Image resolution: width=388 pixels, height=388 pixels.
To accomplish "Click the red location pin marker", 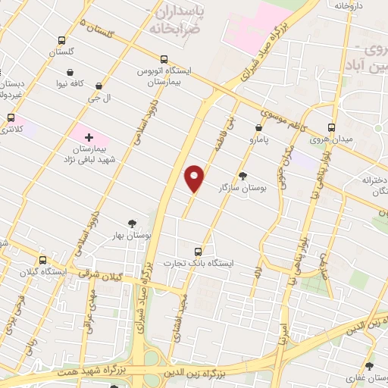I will pyautogui.click(x=195, y=178).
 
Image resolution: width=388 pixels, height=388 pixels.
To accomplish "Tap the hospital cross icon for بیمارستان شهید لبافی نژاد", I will pyautogui.click(x=89, y=137).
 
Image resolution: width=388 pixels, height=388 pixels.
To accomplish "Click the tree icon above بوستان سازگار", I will pyautogui.click(x=242, y=174).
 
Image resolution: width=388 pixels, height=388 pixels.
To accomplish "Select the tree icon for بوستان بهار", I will pyautogui.click(x=133, y=223).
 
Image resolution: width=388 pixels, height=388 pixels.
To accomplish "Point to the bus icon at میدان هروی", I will pyautogui.click(x=331, y=127).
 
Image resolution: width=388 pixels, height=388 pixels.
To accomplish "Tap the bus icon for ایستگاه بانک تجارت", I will pyautogui.click(x=199, y=251).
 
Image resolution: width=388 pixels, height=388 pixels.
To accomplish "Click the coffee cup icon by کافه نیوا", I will pyautogui.click(x=69, y=74).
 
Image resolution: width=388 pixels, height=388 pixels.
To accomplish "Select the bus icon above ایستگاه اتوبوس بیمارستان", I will pyautogui.click(x=164, y=59).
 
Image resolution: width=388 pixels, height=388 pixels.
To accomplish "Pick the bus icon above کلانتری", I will pyautogui.click(x=11, y=118).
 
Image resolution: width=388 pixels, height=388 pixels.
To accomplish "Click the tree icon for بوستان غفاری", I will pyautogui.click(x=370, y=365).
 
